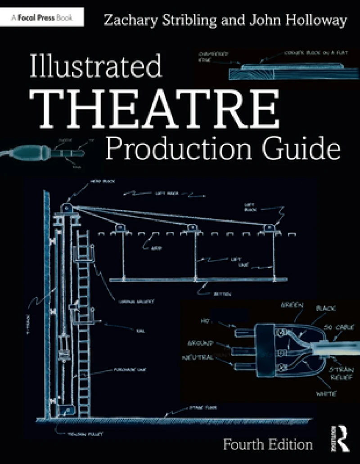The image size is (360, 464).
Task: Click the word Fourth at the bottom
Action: [x=246, y=445]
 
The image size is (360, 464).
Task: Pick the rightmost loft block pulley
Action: [x=270, y=228]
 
